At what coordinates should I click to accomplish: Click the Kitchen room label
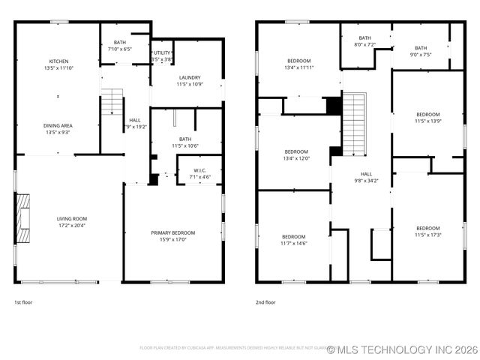pos(58,61)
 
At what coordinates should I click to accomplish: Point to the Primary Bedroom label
pos(173,232)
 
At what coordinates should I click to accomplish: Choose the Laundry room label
pos(189,77)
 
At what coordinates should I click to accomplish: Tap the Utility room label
pos(163,52)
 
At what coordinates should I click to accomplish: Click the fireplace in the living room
pos(23,217)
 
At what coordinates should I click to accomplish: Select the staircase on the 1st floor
pos(112,101)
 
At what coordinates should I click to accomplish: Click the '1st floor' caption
pos(23,302)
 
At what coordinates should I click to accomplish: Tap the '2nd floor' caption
pos(265,302)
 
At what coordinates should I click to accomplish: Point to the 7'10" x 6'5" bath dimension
pos(120,49)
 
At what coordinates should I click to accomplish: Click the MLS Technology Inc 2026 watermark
pos(403,349)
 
